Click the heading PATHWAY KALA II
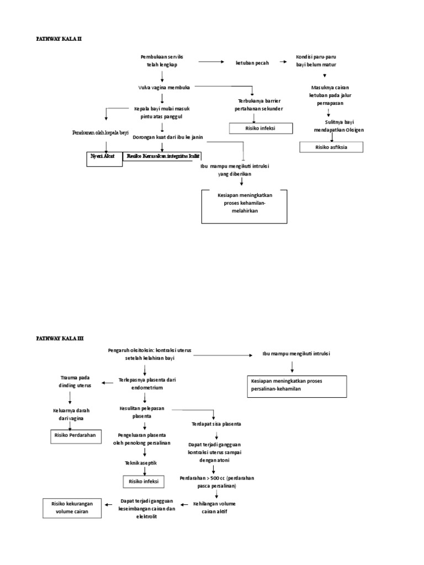click(x=59, y=39)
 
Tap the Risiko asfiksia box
click(x=331, y=147)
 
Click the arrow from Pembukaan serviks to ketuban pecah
click(x=210, y=62)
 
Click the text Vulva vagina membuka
click(x=161, y=87)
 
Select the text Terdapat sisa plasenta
click(x=216, y=424)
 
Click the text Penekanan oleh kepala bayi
click(x=100, y=133)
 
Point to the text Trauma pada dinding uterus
click(x=76, y=381)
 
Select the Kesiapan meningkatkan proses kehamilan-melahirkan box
click(x=245, y=203)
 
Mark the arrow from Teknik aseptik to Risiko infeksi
click(x=145, y=471)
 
